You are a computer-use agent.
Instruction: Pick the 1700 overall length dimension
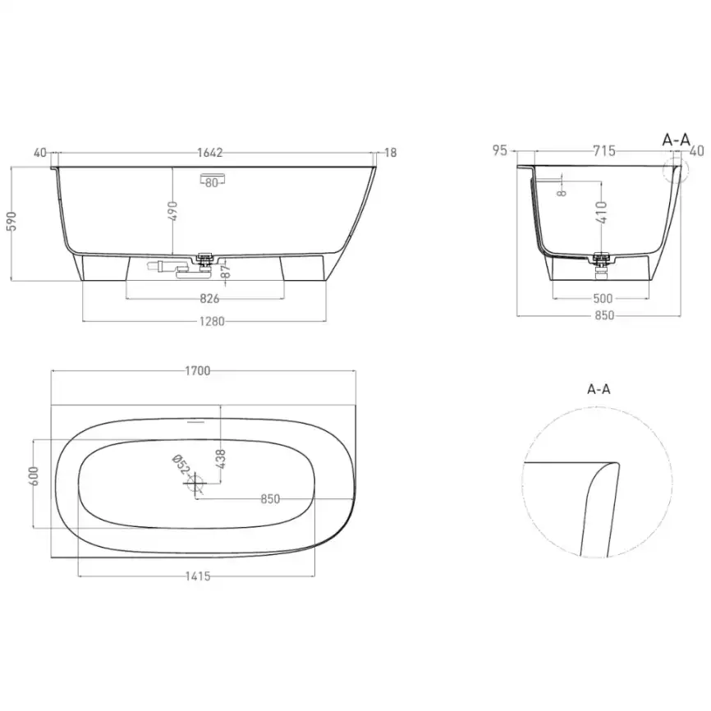[x=198, y=370]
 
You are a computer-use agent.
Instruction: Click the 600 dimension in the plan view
[x=34, y=478]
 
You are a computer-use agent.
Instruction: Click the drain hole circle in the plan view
[x=196, y=485]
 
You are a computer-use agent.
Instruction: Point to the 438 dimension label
[x=220, y=458]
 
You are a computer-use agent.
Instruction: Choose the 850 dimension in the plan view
[x=270, y=498]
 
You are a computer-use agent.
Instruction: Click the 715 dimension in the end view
[x=603, y=150]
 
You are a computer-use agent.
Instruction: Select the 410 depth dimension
[x=601, y=213]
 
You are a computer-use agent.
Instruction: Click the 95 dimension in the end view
[x=499, y=150]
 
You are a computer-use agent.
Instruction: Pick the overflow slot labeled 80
[x=212, y=182]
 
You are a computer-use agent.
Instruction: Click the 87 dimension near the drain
[x=225, y=271]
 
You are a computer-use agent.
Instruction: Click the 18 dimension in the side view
[x=391, y=153]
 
